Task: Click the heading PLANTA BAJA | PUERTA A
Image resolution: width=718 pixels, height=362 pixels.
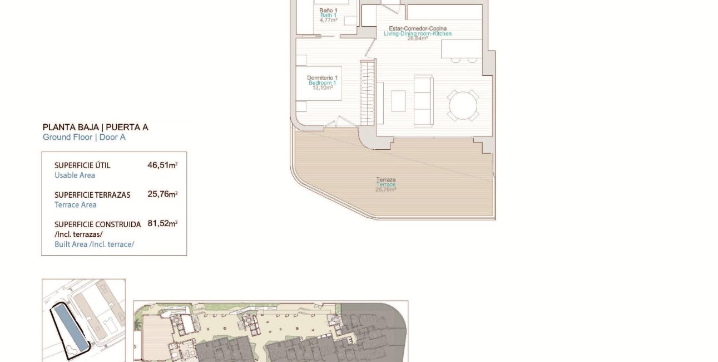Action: tap(95, 127)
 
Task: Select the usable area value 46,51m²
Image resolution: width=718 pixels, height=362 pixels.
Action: tap(162, 165)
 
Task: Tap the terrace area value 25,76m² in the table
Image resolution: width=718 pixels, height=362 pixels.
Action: tap(162, 194)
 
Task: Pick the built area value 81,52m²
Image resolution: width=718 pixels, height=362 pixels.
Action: tap(162, 223)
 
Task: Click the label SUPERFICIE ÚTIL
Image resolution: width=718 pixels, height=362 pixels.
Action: tap(82, 165)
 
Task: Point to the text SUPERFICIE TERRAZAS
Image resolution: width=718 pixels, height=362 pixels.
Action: tap(92, 195)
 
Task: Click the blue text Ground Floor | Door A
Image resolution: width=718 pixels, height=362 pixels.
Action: tap(84, 137)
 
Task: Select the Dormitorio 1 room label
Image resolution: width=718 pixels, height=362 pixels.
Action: tap(323, 77)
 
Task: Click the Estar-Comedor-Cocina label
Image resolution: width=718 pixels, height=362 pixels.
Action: tap(418, 28)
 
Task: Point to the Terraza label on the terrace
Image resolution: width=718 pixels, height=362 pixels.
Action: tap(385, 180)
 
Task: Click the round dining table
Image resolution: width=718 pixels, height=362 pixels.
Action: tap(463, 105)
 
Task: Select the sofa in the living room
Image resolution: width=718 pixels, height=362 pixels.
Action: tap(423, 101)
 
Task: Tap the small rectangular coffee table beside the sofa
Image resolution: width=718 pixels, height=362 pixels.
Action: tap(398, 101)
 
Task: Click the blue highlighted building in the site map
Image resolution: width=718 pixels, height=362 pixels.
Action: tap(69, 328)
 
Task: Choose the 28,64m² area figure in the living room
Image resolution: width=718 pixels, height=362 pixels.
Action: tap(417, 39)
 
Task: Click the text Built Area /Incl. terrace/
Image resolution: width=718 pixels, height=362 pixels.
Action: tap(95, 244)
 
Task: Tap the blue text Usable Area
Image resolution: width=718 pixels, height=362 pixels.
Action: tap(75, 175)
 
